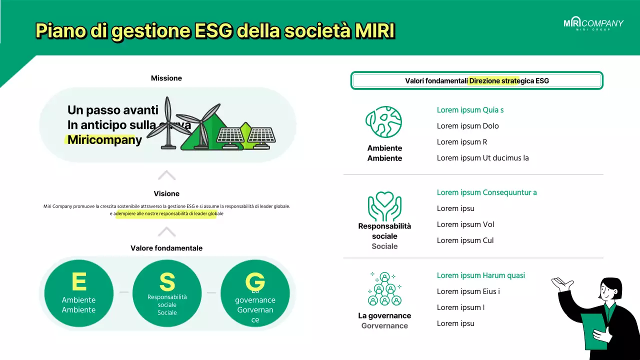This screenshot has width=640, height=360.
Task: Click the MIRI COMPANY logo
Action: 593,24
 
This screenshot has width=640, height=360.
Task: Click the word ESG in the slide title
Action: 212,31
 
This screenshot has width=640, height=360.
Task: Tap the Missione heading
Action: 166,78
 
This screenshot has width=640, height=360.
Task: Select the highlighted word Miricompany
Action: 104,140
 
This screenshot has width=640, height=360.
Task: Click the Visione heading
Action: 166,193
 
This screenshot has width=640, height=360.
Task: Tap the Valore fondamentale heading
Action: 166,248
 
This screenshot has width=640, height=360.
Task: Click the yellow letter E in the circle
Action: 79,282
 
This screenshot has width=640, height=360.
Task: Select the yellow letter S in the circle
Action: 167,282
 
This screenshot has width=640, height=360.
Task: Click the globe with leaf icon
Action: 384,122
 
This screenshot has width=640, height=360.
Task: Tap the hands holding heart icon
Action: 384,205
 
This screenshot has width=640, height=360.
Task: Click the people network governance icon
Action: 384,288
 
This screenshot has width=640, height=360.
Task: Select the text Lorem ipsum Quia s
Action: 470,110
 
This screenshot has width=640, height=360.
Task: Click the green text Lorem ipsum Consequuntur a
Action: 486,192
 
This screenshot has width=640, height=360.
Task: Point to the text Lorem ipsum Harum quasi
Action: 480,275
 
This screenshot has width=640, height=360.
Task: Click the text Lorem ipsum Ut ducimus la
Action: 482,158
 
